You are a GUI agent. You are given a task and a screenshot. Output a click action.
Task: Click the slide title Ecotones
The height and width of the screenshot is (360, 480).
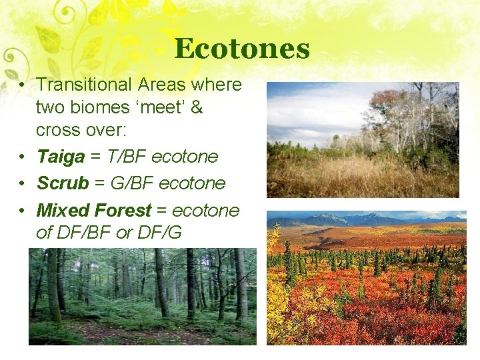pyautogui.click(x=242, y=49)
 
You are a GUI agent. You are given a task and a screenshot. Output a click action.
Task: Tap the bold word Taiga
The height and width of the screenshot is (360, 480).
pyautogui.click(x=61, y=157)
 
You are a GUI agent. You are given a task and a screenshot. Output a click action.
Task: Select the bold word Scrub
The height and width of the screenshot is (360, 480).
pyautogui.click(x=63, y=183)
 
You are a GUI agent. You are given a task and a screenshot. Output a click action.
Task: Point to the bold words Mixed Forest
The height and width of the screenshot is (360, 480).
pyautogui.click(x=93, y=211)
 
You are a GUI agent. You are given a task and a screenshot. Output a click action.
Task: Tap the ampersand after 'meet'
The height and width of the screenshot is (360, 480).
pyautogui.click(x=197, y=107)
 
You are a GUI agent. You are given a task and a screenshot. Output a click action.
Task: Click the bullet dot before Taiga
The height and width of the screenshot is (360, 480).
pyautogui.click(x=22, y=157)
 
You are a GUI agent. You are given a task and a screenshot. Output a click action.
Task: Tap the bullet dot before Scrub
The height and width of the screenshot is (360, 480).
pyautogui.click(x=22, y=184)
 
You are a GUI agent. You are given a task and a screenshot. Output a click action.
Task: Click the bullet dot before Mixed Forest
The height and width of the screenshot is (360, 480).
pyautogui.click(x=22, y=211)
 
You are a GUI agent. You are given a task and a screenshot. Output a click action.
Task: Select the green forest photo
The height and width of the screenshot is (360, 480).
pyautogui.click(x=142, y=296)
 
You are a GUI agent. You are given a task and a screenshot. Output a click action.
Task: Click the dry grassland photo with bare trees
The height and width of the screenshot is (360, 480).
pyautogui.click(x=363, y=139)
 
